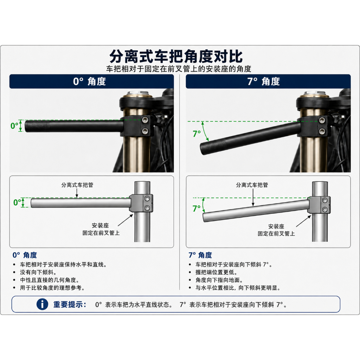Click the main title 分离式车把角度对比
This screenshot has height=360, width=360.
[x=176, y=56]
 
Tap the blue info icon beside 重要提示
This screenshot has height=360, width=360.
[x=42, y=304]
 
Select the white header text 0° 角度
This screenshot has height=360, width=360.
[x=89, y=82]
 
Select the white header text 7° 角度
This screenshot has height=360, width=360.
[x=264, y=82]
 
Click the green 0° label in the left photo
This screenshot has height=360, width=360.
[x=14, y=126]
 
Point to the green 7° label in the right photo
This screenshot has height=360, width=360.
[x=197, y=133]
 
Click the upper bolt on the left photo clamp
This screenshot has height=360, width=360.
[x=145, y=120]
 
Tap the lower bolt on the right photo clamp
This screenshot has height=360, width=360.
[x=322, y=131]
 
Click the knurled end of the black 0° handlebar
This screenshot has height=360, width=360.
[x=37, y=126]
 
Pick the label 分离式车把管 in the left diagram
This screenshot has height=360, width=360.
[x=77, y=185]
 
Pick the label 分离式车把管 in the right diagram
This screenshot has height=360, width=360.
[x=252, y=185]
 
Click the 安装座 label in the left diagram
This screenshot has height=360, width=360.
[x=100, y=225]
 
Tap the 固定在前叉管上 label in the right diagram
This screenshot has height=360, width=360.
[x=276, y=234]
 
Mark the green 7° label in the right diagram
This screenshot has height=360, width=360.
[x=197, y=208]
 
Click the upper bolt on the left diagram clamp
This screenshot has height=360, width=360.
[x=147, y=198]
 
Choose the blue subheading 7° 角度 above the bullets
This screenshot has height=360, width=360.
[x=200, y=255]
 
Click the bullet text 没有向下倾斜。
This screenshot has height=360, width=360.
[x=38, y=272]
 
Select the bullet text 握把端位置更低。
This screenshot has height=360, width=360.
[x=216, y=272]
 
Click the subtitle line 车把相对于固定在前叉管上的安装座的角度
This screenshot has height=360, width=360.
[x=179, y=69]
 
